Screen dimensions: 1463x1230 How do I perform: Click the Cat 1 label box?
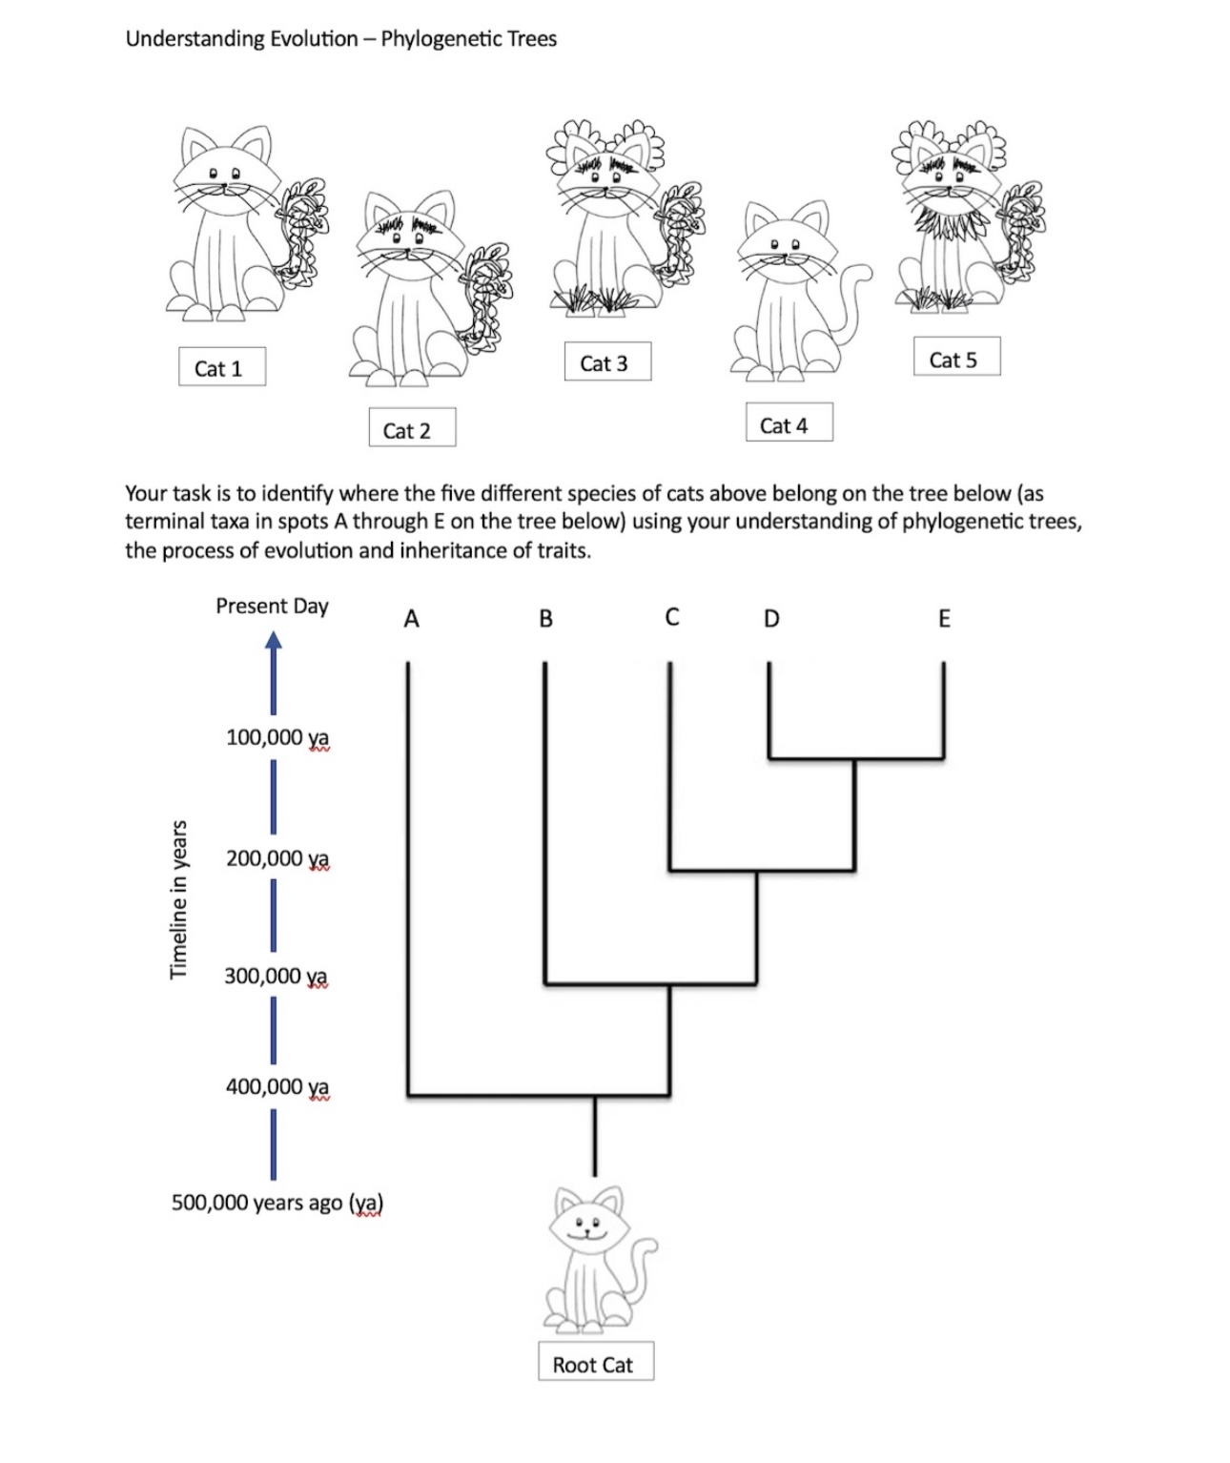click(x=221, y=367)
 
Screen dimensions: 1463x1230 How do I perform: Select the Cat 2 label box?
click(x=411, y=429)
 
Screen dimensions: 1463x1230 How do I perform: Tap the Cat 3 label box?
click(x=606, y=362)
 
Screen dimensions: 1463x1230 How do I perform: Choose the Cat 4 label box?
click(x=789, y=424)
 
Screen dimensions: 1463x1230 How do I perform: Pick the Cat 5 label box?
click(x=956, y=359)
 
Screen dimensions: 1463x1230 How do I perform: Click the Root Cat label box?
click(x=595, y=1364)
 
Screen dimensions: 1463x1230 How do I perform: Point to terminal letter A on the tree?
click(x=411, y=620)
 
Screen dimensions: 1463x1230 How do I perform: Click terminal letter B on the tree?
click(x=545, y=620)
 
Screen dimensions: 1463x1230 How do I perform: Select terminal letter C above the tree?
click(x=672, y=618)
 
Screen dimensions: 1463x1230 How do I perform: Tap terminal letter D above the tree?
click(x=771, y=620)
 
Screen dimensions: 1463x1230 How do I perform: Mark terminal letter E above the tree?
click(x=944, y=619)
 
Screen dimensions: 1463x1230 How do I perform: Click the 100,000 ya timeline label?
click(x=277, y=737)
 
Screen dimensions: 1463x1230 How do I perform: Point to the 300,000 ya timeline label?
click(x=276, y=976)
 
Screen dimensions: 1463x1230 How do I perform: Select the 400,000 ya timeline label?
click(x=277, y=1086)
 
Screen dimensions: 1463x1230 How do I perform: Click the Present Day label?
click(x=272, y=607)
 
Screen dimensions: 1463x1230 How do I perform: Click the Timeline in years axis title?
click(x=178, y=897)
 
